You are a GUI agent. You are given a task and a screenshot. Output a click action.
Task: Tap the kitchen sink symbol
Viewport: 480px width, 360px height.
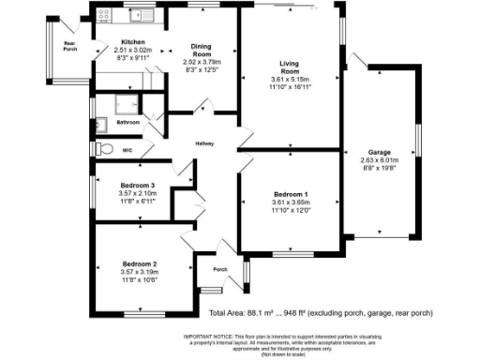(x=142, y=14)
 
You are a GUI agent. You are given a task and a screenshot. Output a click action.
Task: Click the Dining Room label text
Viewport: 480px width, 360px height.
(x=201, y=51)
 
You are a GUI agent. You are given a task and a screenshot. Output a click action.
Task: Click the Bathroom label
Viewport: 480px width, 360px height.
(x=127, y=123)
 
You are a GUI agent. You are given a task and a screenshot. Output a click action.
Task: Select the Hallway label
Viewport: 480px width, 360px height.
(x=204, y=143)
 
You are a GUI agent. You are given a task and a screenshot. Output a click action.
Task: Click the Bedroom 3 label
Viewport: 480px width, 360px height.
(x=138, y=184)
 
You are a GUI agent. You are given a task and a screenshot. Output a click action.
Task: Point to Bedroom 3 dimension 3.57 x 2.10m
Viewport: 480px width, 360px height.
(x=138, y=193)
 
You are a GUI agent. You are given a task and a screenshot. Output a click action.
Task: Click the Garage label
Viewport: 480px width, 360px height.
(x=380, y=151)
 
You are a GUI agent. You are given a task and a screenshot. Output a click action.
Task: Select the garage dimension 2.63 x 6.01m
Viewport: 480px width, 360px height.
(x=380, y=159)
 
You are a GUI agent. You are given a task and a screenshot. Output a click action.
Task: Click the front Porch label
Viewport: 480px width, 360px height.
(x=220, y=270)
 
